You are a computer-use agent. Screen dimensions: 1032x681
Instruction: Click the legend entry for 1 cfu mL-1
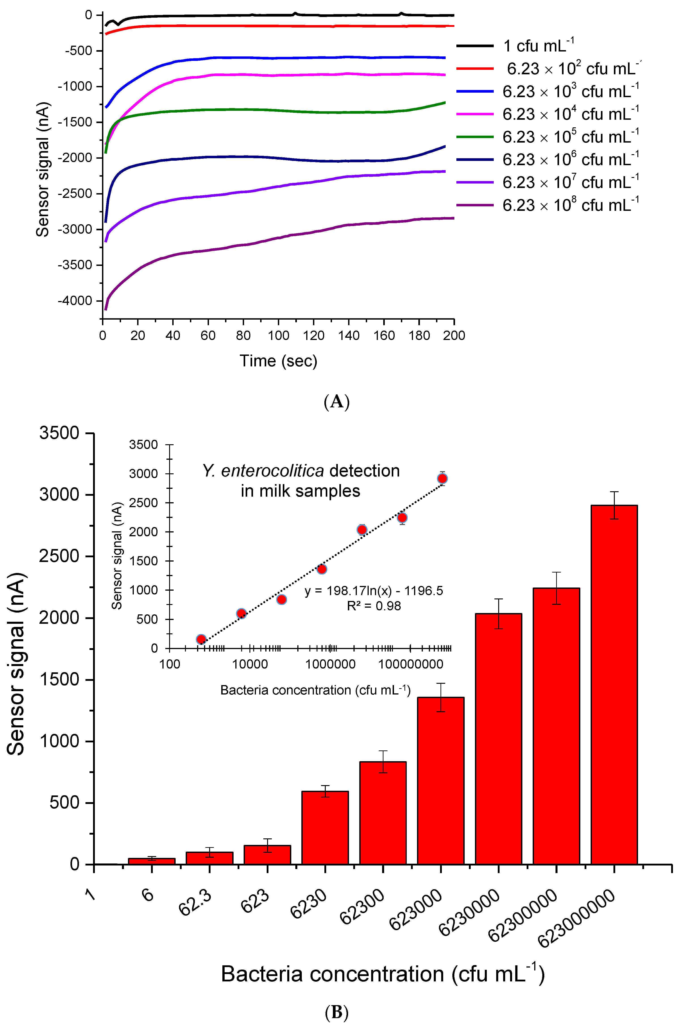click(x=538, y=46)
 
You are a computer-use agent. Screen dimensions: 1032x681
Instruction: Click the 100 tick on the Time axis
click(x=278, y=335)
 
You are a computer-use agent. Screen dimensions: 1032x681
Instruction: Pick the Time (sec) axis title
click(x=278, y=361)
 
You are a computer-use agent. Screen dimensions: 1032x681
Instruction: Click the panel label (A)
click(x=337, y=402)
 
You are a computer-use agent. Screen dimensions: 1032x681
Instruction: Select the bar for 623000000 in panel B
click(x=614, y=687)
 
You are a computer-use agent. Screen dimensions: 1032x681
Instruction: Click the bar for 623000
click(x=441, y=782)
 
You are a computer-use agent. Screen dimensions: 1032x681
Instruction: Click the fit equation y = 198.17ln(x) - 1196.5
click(x=374, y=591)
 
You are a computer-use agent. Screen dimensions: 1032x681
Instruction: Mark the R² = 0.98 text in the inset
click(x=374, y=606)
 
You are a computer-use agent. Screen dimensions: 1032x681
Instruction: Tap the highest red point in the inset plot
click(x=442, y=479)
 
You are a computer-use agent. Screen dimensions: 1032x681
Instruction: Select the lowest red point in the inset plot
click(x=201, y=639)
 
